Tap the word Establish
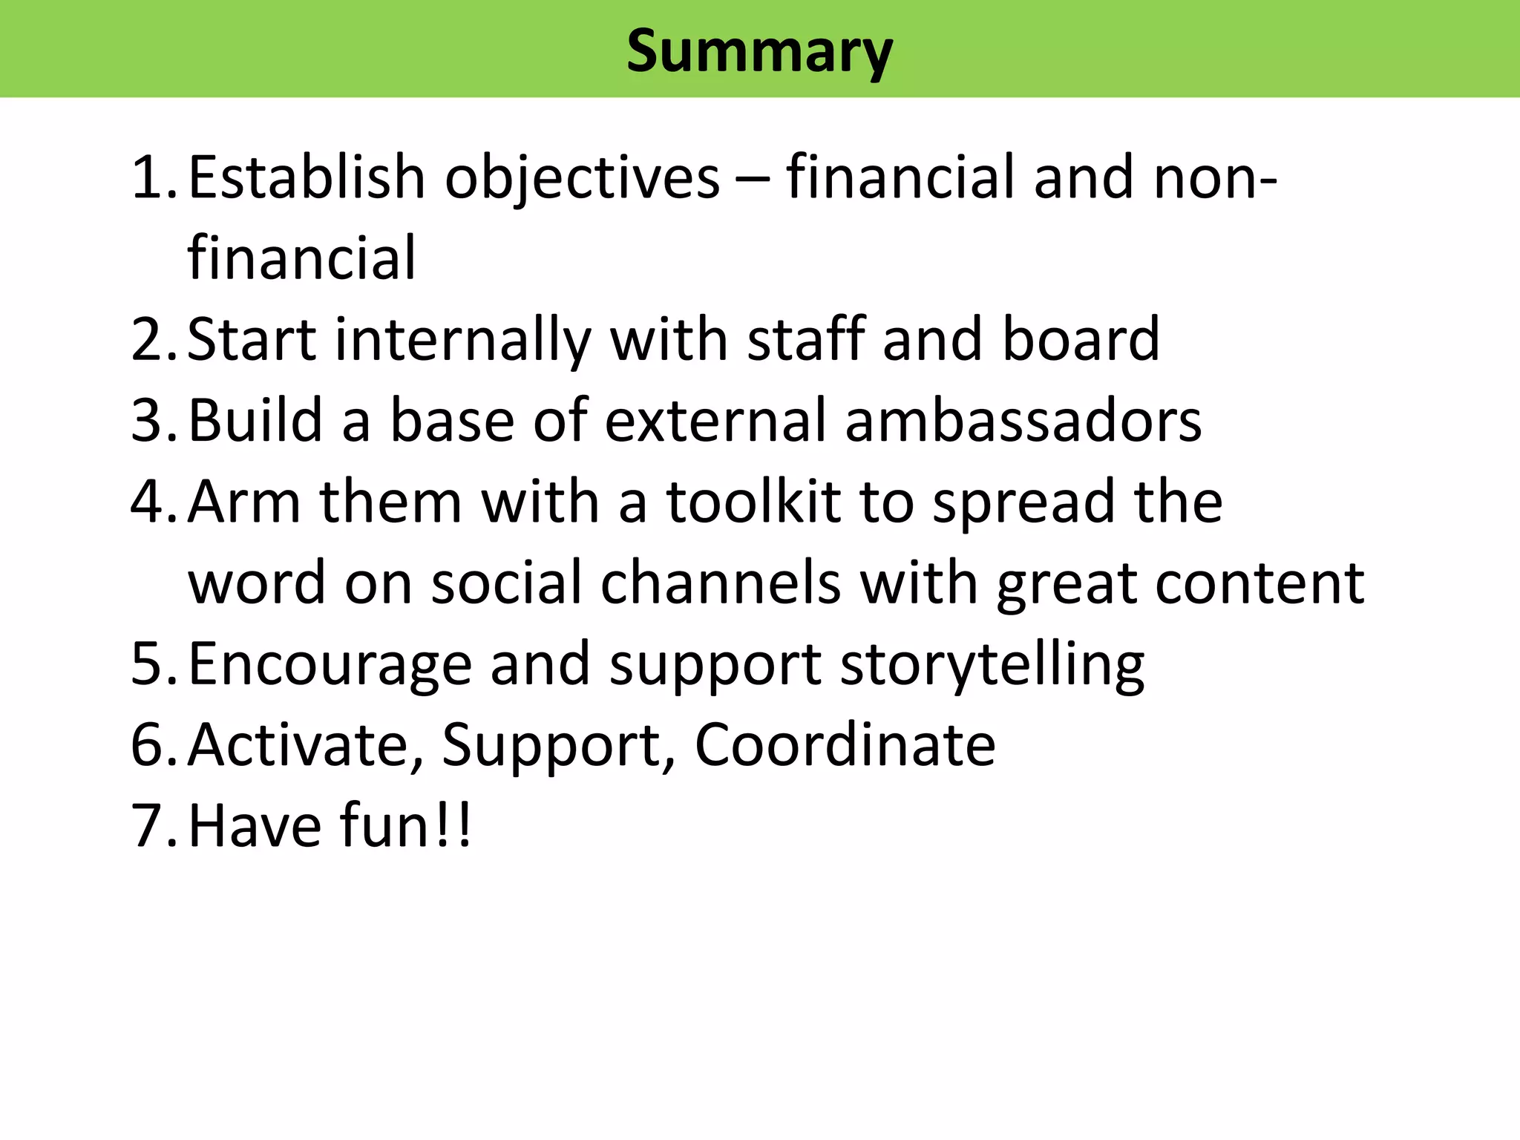pyautogui.click(x=307, y=177)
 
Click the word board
pyautogui.click(x=1081, y=339)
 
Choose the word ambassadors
pyautogui.click(x=1023, y=421)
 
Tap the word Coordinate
pyautogui.click(x=845, y=745)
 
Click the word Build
pyautogui.click(x=255, y=421)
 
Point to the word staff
pyautogui.click(x=805, y=339)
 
